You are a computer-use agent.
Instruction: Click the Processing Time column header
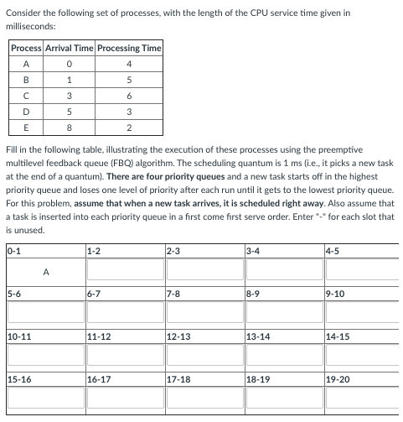pyautogui.click(x=129, y=49)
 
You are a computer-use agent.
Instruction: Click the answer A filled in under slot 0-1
pyautogui.click(x=45, y=272)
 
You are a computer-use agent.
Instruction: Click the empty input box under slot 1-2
pyautogui.click(x=124, y=272)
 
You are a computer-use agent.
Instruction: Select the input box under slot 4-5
pyautogui.click(x=361, y=272)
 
